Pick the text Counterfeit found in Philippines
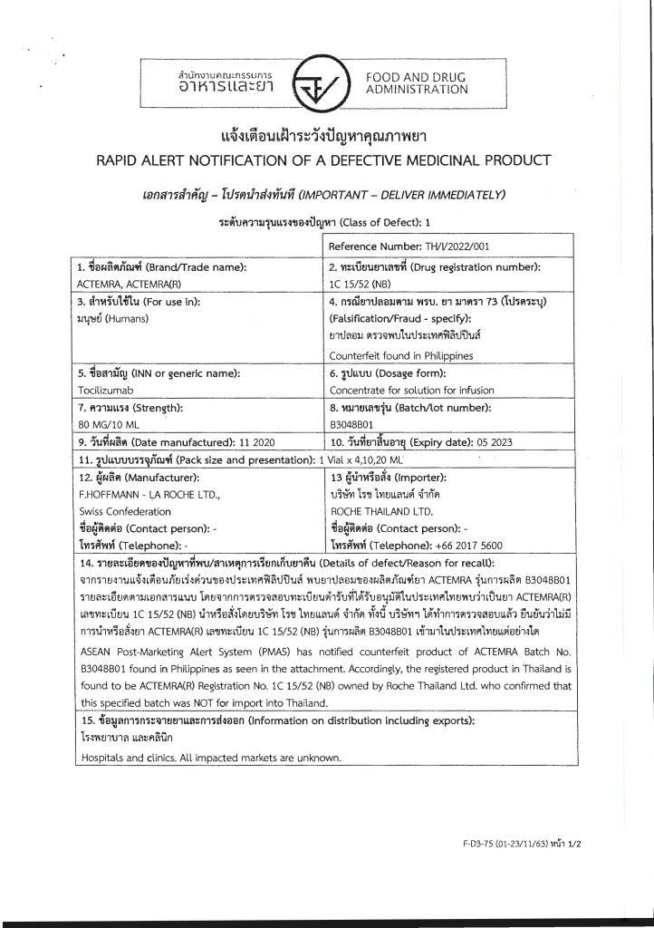(402, 355)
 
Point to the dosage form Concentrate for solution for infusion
(413, 390)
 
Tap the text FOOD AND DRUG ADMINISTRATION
(417, 83)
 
